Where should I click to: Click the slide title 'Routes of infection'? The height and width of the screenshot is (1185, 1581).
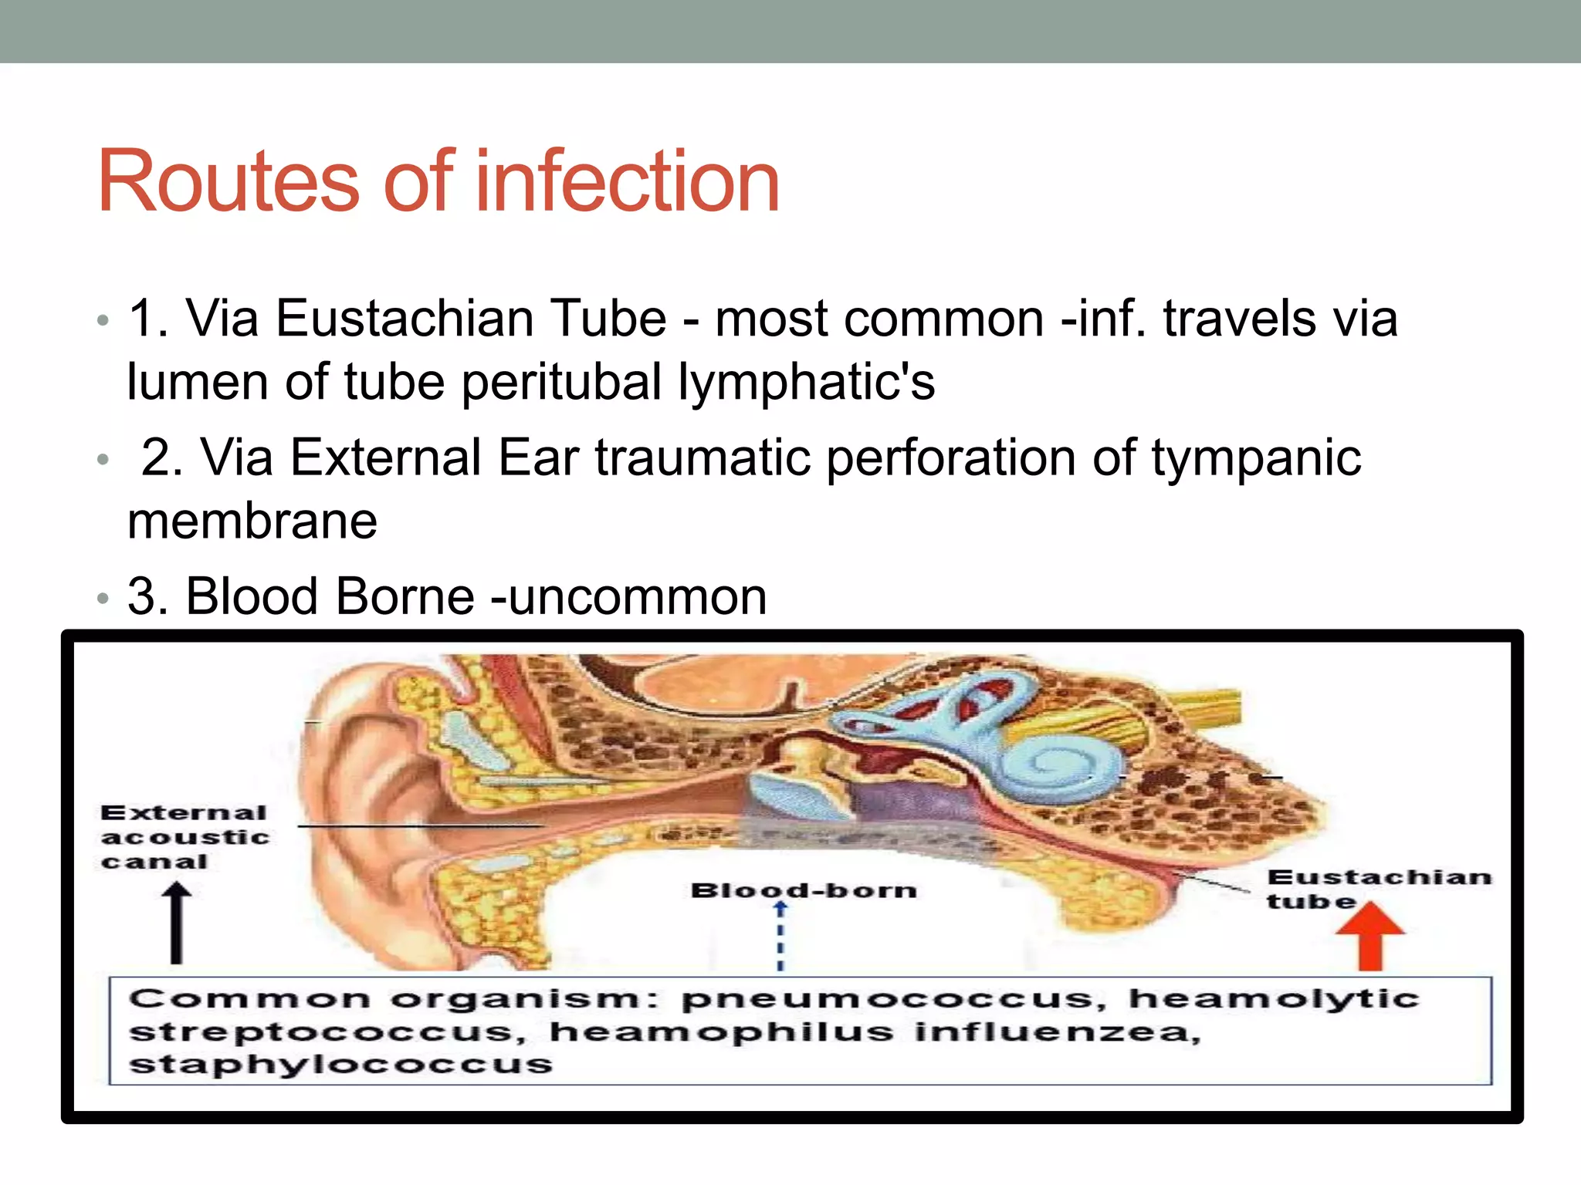[438, 181]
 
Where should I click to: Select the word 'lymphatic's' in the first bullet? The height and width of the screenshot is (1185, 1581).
[806, 382]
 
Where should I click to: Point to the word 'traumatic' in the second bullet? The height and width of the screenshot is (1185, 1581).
[702, 457]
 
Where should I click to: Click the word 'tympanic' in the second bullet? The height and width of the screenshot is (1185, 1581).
[1256, 457]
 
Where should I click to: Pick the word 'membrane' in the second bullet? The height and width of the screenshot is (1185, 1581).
[252, 521]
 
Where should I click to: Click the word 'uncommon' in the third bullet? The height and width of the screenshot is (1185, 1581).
[637, 596]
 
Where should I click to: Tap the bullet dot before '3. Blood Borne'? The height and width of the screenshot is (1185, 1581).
[103, 598]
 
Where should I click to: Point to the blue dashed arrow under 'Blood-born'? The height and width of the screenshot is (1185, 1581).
[780, 935]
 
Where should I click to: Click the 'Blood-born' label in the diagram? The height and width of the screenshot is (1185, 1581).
[804, 890]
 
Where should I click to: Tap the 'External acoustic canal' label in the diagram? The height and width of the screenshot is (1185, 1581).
[185, 837]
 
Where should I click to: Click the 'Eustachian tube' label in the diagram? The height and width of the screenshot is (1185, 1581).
[1379, 889]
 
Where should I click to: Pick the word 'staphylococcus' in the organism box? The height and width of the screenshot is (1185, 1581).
[340, 1065]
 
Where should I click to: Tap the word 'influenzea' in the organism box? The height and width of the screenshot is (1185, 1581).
[1057, 1032]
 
